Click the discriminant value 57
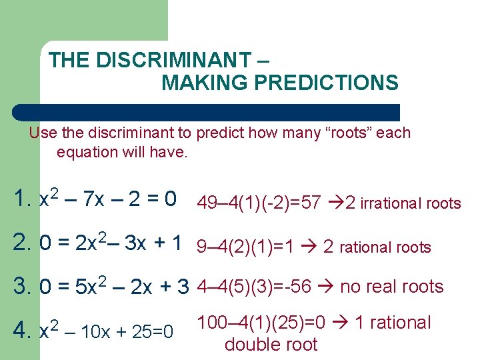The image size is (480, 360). point(311,203)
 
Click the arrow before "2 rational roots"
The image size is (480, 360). point(309,247)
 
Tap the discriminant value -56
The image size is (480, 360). point(297,287)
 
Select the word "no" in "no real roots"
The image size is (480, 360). point(349,287)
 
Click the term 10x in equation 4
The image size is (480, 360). point(95,331)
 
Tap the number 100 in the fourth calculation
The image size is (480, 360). point(211,323)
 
